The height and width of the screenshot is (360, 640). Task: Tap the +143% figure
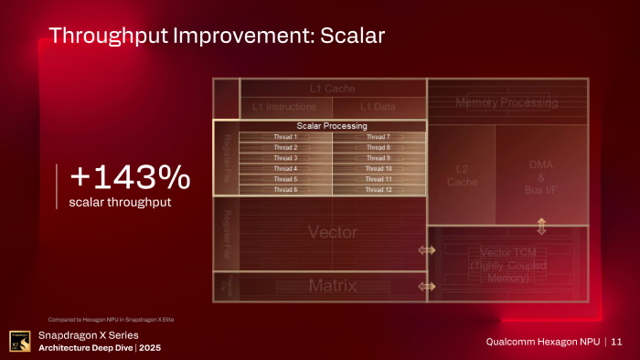(131, 175)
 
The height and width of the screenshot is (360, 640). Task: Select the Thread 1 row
(285, 137)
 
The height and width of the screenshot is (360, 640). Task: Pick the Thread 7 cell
(379, 137)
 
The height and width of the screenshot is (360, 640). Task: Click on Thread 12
(379, 189)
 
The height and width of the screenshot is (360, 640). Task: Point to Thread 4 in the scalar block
(285, 168)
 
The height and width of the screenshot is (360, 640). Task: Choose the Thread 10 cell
(379, 168)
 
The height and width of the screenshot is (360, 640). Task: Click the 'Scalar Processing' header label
(332, 125)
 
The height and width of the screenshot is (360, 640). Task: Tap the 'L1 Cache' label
(332, 89)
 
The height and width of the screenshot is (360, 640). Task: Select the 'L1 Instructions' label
(284, 108)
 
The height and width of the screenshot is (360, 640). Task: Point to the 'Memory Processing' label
(507, 103)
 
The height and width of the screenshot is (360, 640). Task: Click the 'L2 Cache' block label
(462, 175)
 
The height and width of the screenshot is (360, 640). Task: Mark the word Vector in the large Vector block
(332, 231)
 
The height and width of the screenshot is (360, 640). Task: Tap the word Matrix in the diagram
(332, 286)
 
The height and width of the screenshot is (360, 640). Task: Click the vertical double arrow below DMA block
(541, 226)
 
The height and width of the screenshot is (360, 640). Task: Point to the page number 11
(617, 342)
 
